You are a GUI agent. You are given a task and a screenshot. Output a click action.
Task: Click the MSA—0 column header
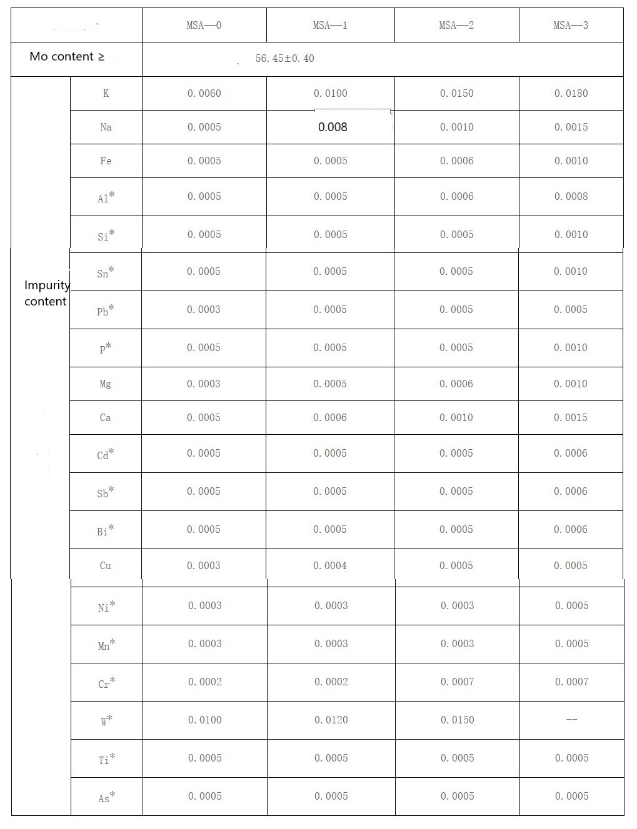(x=204, y=26)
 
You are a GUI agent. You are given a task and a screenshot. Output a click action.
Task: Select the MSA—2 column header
(x=456, y=26)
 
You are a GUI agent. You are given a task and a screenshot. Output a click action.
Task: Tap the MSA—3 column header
(x=571, y=26)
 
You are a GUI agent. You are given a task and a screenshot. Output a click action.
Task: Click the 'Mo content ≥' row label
(x=67, y=57)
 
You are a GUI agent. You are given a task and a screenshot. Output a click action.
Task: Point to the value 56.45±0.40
(x=285, y=59)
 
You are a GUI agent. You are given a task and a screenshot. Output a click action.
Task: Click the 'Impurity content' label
(x=46, y=293)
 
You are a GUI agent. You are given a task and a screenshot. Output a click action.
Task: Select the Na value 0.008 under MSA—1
(x=333, y=127)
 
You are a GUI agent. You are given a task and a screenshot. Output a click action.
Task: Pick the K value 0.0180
(x=571, y=94)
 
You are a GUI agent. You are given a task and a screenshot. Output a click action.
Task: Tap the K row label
(x=106, y=94)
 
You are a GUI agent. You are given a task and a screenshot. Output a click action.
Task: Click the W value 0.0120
(x=331, y=720)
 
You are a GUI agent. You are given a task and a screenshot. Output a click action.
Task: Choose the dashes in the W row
(x=571, y=720)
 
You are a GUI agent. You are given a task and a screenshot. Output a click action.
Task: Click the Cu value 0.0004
(x=330, y=566)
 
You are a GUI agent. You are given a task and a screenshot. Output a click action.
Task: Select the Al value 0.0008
(x=571, y=197)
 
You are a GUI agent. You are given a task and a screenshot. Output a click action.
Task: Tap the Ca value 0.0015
(x=570, y=418)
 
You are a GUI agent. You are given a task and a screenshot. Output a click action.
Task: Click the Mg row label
(x=105, y=384)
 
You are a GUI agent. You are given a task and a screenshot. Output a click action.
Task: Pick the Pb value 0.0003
(x=204, y=310)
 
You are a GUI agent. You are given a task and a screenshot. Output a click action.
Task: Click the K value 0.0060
(x=204, y=94)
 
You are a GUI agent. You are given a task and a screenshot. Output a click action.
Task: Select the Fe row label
(x=106, y=161)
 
